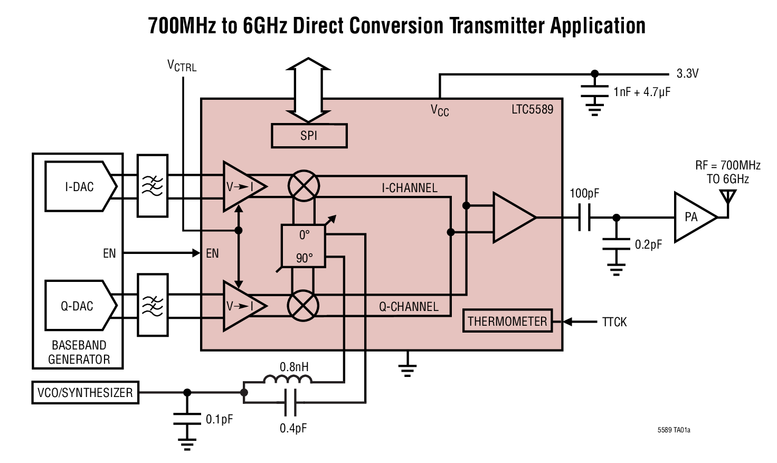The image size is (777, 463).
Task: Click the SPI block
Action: pyautogui.click(x=309, y=136)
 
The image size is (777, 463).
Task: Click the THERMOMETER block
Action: pyautogui.click(x=507, y=321)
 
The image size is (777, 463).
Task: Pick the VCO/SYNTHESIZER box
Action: pyautogui.click(x=85, y=393)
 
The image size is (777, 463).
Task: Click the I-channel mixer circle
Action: pyautogui.click(x=304, y=186)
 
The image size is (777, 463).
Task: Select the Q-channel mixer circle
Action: pyautogui.click(x=303, y=306)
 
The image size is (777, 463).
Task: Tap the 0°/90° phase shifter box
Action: pyautogui.click(x=304, y=246)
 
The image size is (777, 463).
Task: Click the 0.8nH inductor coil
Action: pyautogui.click(x=288, y=379)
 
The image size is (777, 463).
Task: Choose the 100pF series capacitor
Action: pyautogui.click(x=584, y=217)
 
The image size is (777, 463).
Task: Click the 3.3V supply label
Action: pyautogui.click(x=687, y=74)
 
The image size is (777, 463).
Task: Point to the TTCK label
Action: pyautogui.click(x=614, y=322)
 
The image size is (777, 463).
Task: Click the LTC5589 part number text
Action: pyautogui.click(x=532, y=109)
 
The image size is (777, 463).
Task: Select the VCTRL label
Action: pyautogui.click(x=182, y=66)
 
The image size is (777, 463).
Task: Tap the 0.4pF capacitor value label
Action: pyautogui.click(x=293, y=428)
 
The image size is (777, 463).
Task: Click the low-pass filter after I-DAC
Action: pyautogui.click(x=153, y=186)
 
